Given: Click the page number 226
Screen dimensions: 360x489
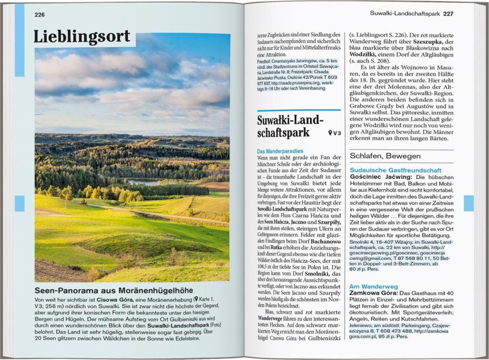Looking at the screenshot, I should click(39, 14).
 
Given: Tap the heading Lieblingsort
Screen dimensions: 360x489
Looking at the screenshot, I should click(83, 37).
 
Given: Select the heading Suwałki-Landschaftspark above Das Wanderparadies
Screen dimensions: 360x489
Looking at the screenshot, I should click(290, 127).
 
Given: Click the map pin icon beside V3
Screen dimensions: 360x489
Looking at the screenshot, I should click(330, 133).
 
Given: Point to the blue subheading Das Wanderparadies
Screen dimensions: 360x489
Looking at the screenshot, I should click(280, 151).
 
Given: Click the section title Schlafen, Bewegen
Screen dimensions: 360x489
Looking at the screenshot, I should click(385, 156).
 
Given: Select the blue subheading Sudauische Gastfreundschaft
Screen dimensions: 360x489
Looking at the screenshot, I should click(395, 170).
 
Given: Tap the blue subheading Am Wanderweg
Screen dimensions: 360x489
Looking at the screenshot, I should click(373, 287).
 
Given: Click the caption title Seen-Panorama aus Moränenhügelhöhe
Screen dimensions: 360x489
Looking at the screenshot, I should click(114, 290).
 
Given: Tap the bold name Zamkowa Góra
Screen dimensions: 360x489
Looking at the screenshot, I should click(373, 293).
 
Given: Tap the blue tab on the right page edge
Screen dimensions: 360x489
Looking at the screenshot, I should click(468, 203).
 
